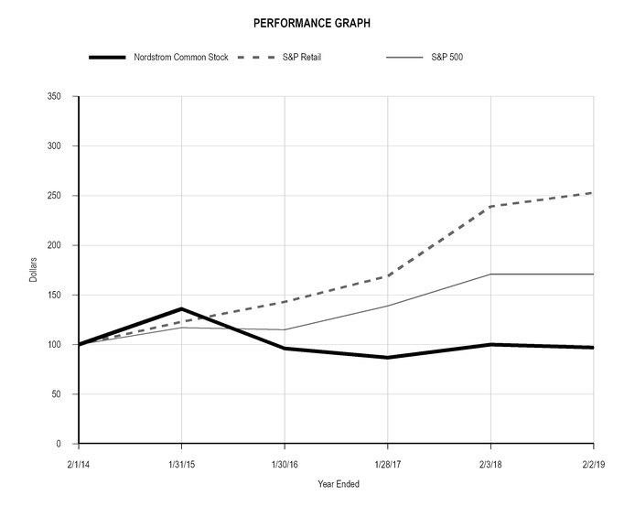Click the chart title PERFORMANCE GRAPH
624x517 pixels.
(x=312, y=22)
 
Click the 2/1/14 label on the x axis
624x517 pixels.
(x=80, y=464)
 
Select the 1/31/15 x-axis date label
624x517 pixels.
(x=181, y=464)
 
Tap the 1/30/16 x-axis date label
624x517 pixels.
(x=285, y=464)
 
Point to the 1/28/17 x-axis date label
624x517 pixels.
(x=388, y=464)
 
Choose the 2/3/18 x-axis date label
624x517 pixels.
(x=490, y=464)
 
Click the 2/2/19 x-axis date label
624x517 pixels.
(x=593, y=464)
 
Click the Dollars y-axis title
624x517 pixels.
(x=34, y=270)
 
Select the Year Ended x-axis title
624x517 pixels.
(x=339, y=484)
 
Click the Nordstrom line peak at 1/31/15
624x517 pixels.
(x=182, y=309)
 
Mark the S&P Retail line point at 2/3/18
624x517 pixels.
(x=491, y=207)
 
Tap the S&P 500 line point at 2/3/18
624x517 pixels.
(x=491, y=275)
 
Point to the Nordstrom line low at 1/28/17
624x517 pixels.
(x=388, y=358)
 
